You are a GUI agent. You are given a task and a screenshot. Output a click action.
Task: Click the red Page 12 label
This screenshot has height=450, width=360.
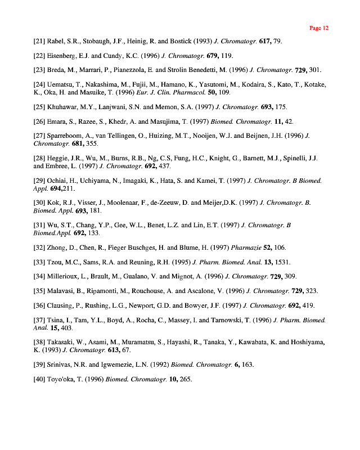pyautogui.click(x=319, y=28)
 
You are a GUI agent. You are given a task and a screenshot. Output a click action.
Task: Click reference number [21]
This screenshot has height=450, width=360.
pyautogui.click(x=39, y=42)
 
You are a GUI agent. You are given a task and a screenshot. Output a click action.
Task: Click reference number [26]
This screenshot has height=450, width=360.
pyautogui.click(x=39, y=121)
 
